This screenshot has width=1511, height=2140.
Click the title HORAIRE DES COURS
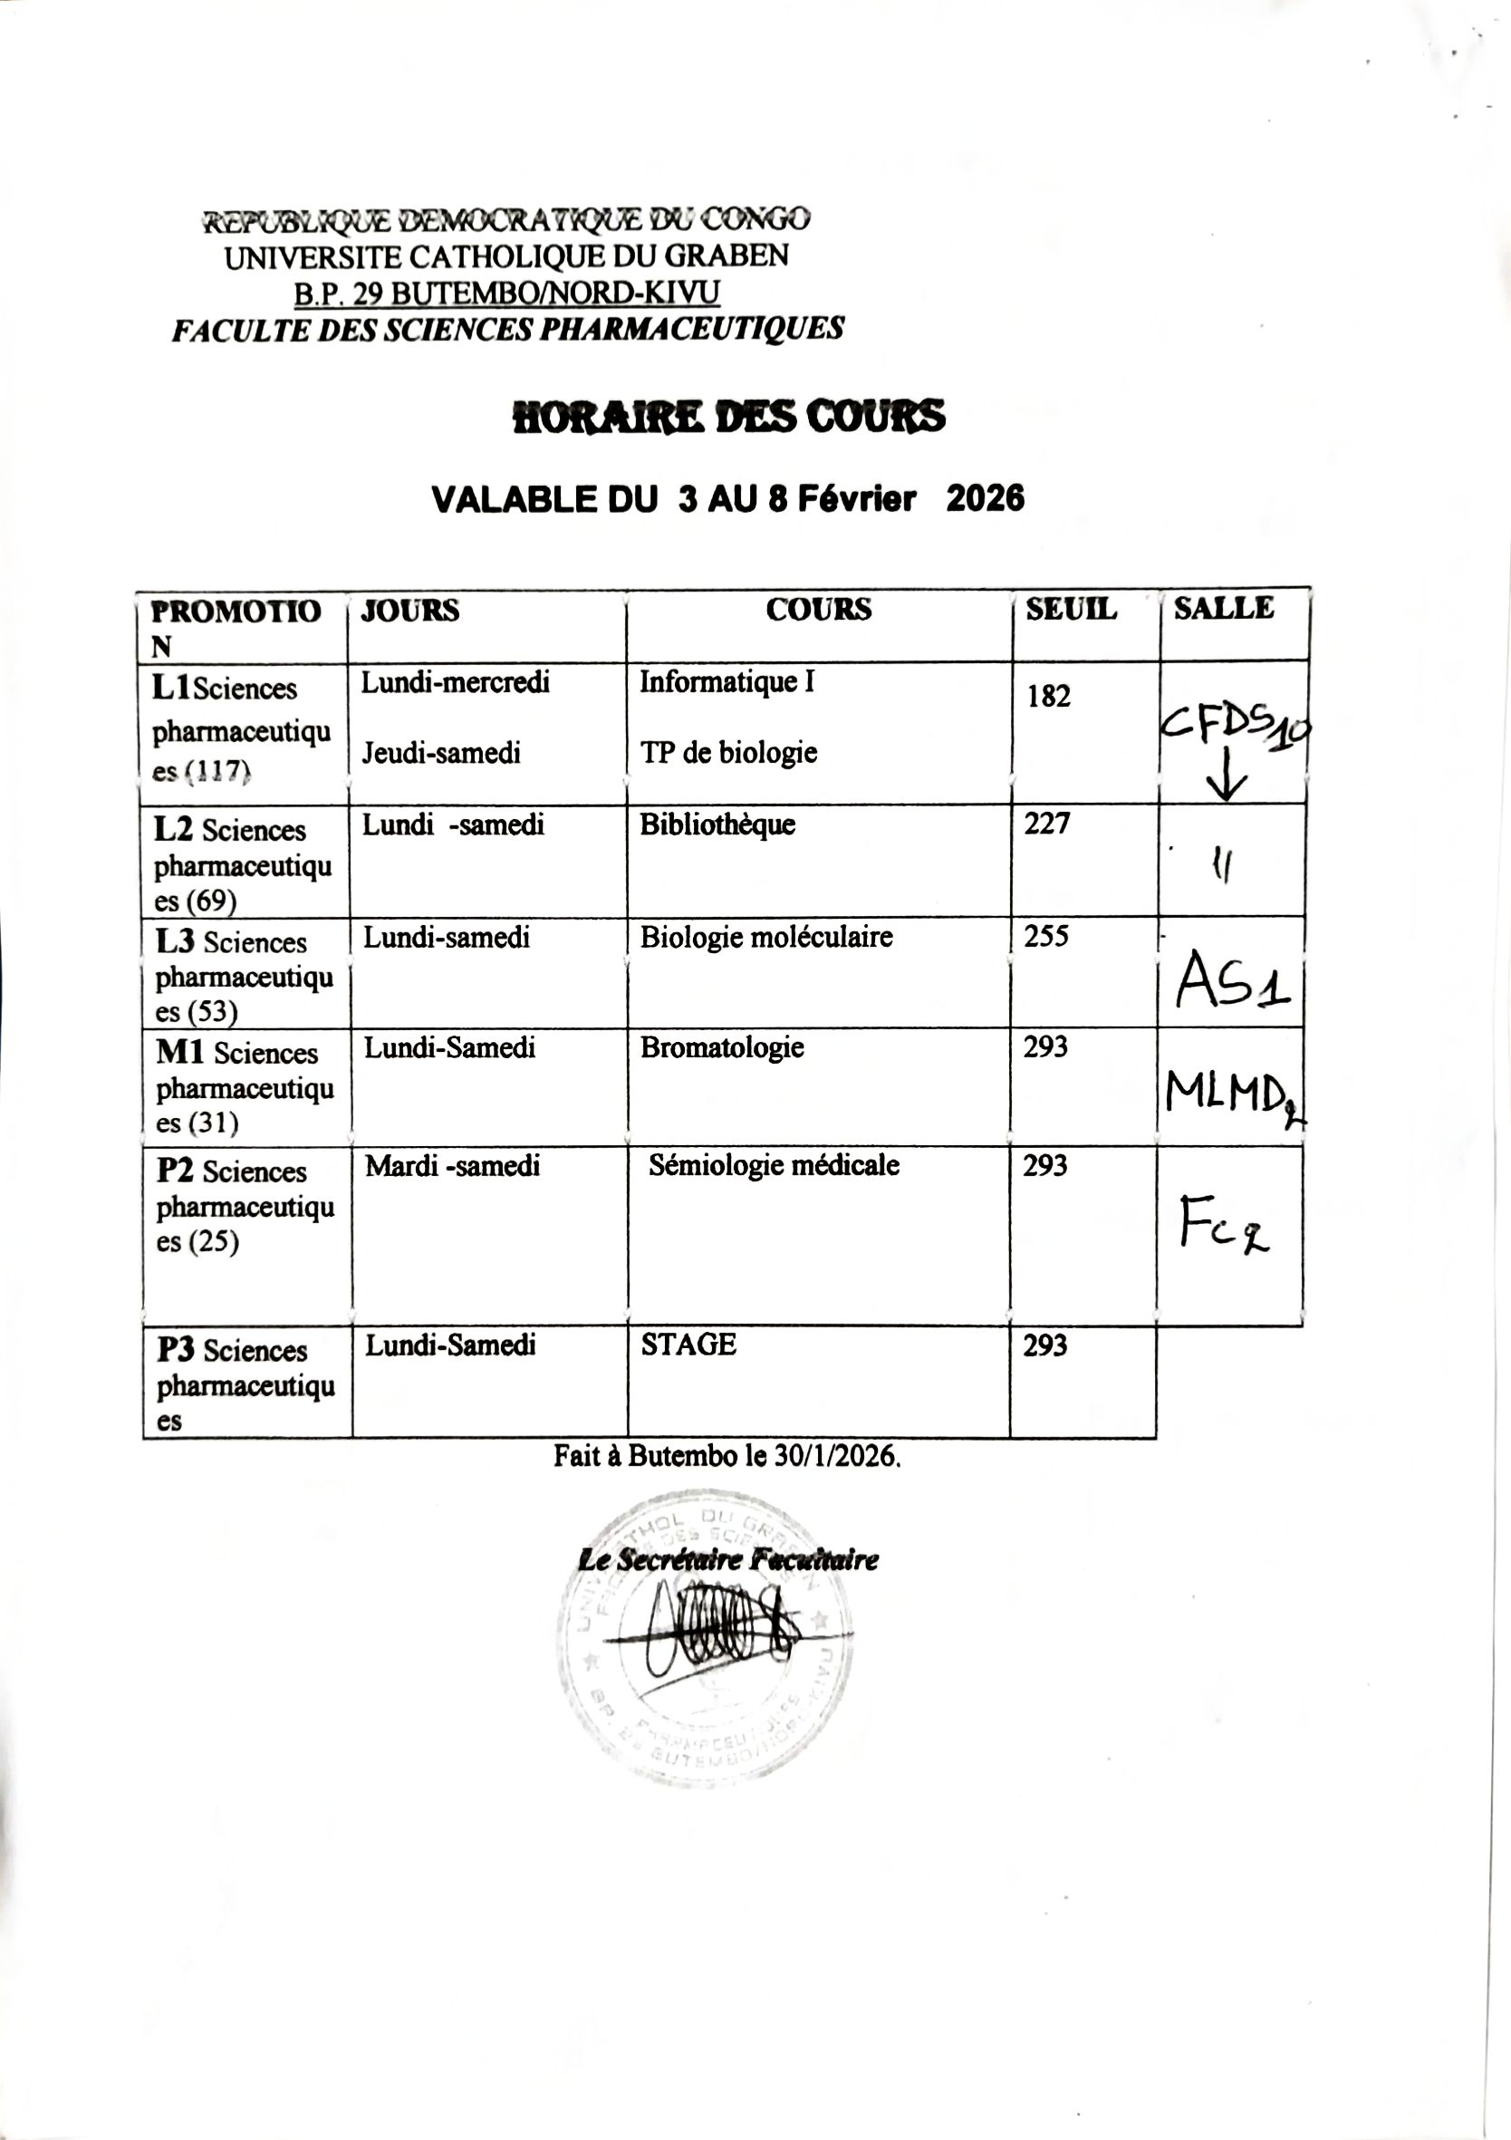(x=729, y=417)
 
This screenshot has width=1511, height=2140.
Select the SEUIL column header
(x=1071, y=609)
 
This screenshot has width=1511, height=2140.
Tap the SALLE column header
(x=1223, y=608)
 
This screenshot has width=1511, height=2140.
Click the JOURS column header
(x=410, y=611)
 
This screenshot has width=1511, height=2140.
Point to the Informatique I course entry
(x=727, y=682)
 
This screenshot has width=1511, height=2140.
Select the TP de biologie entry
(x=728, y=752)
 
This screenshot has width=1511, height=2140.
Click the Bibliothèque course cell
(x=717, y=824)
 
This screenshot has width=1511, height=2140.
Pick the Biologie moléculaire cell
(x=766, y=937)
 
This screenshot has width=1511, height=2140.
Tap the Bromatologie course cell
(x=721, y=1047)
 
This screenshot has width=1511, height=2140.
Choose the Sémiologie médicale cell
(x=774, y=1165)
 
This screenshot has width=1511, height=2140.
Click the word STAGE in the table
(x=688, y=1344)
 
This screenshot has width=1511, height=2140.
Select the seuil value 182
(x=1049, y=696)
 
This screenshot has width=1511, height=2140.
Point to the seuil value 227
(x=1047, y=823)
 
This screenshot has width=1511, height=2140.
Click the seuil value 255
(x=1046, y=936)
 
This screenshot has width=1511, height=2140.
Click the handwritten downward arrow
(x=1227, y=776)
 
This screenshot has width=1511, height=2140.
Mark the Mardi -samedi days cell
(x=452, y=1165)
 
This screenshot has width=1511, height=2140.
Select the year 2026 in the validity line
(x=986, y=498)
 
